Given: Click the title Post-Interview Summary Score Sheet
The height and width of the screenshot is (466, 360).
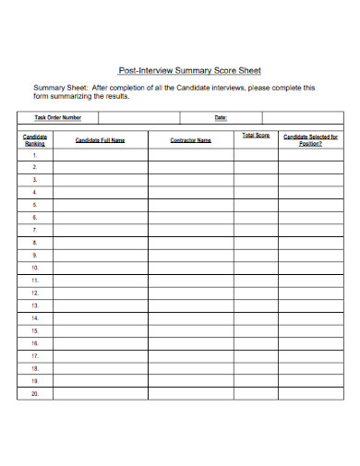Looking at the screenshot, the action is [x=190, y=70].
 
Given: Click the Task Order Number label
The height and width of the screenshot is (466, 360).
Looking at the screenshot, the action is [x=58, y=118].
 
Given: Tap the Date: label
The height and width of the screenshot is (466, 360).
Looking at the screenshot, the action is [x=221, y=118].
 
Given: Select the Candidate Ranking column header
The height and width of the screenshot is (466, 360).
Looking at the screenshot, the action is [x=35, y=140].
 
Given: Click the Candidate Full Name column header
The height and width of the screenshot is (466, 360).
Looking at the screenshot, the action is [x=100, y=140].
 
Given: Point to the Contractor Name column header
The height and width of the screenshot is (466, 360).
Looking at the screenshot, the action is [x=190, y=140].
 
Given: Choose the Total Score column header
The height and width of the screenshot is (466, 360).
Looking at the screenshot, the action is [x=256, y=137].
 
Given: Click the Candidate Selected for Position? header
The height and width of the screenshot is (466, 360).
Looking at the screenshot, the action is [x=310, y=140].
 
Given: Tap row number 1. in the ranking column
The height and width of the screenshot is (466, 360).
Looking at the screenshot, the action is [x=35, y=155].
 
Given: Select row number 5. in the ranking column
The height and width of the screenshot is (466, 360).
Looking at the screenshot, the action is [x=35, y=205].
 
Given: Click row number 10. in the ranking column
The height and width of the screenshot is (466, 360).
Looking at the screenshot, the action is [x=35, y=268].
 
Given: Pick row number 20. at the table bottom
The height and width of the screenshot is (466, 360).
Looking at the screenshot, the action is [x=35, y=393].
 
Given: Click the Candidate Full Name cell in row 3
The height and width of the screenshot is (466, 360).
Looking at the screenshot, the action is [x=100, y=180].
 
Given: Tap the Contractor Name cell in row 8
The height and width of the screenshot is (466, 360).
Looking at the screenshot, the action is [x=190, y=243].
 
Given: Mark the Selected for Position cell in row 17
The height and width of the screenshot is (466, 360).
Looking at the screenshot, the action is [x=310, y=355].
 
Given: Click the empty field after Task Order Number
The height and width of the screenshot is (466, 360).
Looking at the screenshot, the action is [x=138, y=118].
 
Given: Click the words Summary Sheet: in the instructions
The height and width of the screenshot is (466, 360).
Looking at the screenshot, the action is [x=54, y=88].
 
